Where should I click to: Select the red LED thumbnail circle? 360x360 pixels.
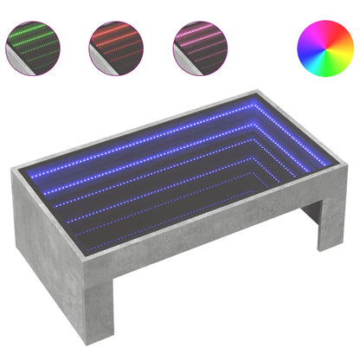point(115,47)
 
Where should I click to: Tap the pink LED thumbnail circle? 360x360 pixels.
point(197,47)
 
